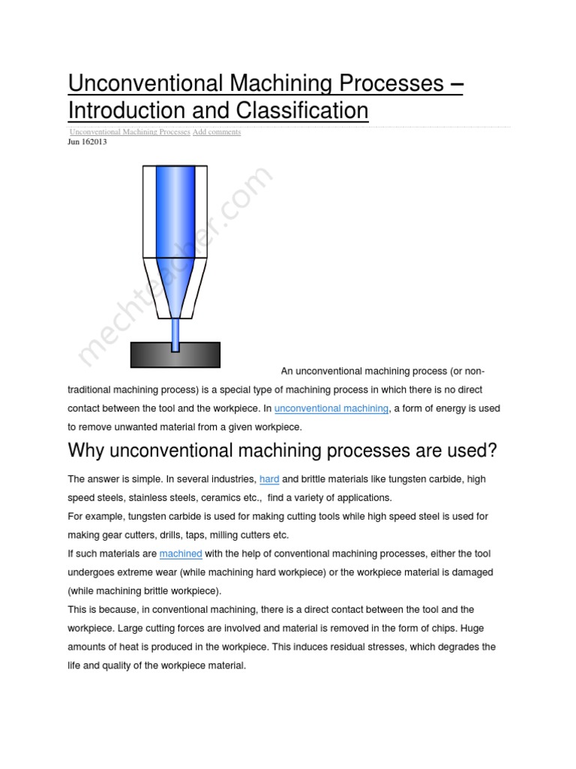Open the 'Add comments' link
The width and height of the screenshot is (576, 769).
217,132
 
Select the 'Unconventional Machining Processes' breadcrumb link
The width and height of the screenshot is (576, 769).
130,132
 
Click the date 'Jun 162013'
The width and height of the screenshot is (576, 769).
87,141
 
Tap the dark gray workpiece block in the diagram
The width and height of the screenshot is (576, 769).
175,354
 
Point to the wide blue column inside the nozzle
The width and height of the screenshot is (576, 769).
175,218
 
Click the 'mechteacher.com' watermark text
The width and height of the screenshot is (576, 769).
176,267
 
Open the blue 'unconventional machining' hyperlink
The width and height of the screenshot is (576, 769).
331,409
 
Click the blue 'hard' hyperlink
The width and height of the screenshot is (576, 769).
269,479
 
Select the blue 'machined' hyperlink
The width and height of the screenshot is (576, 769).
181,553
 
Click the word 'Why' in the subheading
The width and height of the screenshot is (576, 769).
86,451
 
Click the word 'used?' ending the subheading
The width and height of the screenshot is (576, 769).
471,451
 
